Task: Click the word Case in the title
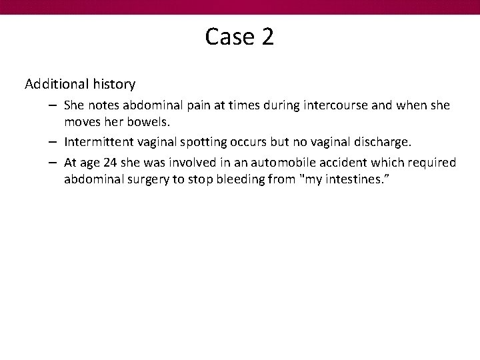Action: coord(225,37)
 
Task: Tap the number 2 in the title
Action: coord(267,37)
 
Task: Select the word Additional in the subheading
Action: coord(55,85)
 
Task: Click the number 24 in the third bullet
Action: coord(110,163)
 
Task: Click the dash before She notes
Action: coord(53,105)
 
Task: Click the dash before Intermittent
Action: coord(53,142)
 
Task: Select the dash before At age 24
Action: coord(53,163)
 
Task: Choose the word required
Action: coord(434,163)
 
